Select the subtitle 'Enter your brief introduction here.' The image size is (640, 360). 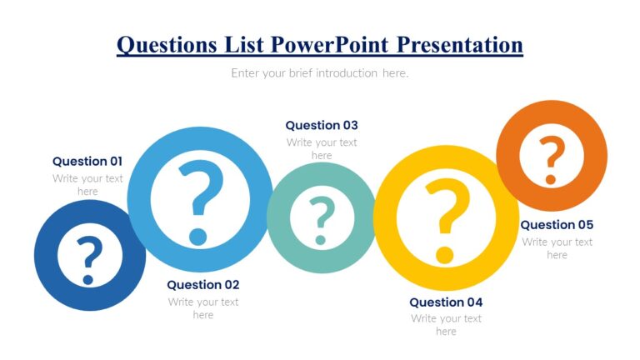point(320,73)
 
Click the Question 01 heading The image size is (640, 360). point(87,162)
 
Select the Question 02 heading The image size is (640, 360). point(203,285)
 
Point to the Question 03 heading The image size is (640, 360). point(322,126)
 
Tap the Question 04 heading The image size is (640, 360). point(446,302)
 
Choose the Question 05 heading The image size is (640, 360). point(557,225)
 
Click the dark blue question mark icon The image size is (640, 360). point(89,257)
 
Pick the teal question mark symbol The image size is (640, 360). point(322,218)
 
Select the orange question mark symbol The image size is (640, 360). point(551,158)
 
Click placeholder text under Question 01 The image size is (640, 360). point(87,185)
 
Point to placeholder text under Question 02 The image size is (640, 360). point(203,308)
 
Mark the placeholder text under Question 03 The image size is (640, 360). point(322,149)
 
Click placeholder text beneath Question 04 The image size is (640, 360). point(446,325)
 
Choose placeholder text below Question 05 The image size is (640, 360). point(557,248)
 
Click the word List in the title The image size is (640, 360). point(246,44)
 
